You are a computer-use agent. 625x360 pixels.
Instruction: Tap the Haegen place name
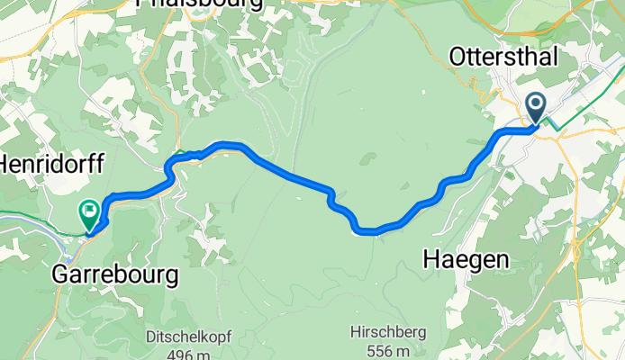coord(466,260)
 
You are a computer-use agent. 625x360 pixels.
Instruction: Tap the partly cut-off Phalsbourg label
coord(200,4)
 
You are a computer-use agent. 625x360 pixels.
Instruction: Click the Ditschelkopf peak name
coord(189,337)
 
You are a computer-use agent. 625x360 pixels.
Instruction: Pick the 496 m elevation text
coord(189,353)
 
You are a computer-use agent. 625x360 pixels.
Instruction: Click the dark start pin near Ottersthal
coord(536,109)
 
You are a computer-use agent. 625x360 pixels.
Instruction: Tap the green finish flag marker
coord(88,214)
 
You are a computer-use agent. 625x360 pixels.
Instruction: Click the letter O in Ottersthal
coord(458,57)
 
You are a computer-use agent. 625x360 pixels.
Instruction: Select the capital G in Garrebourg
coord(62,274)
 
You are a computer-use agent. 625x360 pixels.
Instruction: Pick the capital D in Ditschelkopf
coord(150,337)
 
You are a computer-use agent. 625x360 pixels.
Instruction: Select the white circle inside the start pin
coord(536,105)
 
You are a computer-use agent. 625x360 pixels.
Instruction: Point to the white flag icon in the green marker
coord(89,212)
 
